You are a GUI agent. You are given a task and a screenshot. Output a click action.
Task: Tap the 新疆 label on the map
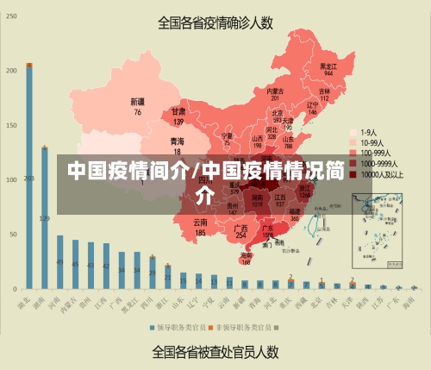137,102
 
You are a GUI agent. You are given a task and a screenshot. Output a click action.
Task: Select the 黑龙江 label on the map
328,66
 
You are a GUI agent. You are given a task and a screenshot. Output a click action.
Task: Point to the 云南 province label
200,223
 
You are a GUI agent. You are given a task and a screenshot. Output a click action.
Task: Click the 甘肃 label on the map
178,112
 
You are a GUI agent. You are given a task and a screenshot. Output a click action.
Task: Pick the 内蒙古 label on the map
275,91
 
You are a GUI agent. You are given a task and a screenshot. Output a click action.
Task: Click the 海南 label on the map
247,255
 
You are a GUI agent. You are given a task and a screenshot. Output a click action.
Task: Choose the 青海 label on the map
177,141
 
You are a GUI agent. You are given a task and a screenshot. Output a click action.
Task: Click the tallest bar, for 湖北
29,176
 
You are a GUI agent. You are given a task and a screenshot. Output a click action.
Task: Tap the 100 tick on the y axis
11,179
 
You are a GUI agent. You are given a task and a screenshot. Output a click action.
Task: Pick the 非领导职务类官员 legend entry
245,328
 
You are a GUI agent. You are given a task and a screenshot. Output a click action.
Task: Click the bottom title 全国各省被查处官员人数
215,352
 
